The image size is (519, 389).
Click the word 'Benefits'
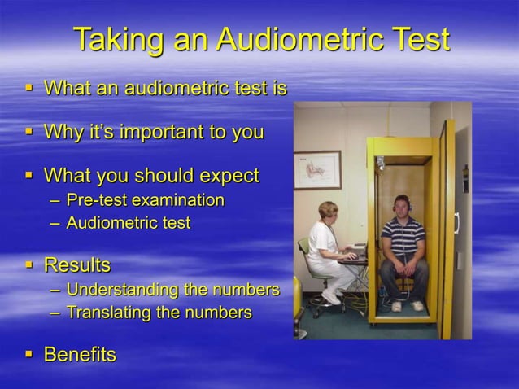(80, 355)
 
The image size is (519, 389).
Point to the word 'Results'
(76, 265)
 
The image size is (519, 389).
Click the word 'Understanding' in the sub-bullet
(123, 290)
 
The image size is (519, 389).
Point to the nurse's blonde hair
(329, 208)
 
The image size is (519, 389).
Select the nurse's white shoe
(331, 298)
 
